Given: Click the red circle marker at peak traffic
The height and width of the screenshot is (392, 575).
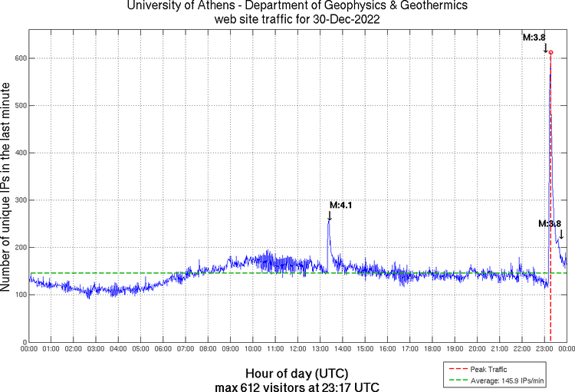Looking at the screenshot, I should click(x=550, y=52).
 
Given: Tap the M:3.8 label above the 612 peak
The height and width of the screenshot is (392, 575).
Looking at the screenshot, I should click(x=534, y=36).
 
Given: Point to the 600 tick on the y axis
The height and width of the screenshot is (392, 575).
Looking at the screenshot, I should click(x=19, y=58).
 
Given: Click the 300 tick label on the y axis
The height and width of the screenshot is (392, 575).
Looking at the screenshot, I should click(x=19, y=200).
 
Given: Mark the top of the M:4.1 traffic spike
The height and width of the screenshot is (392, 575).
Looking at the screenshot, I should click(x=329, y=221).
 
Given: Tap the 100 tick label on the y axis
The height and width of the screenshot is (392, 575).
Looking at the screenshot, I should click(x=19, y=295).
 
